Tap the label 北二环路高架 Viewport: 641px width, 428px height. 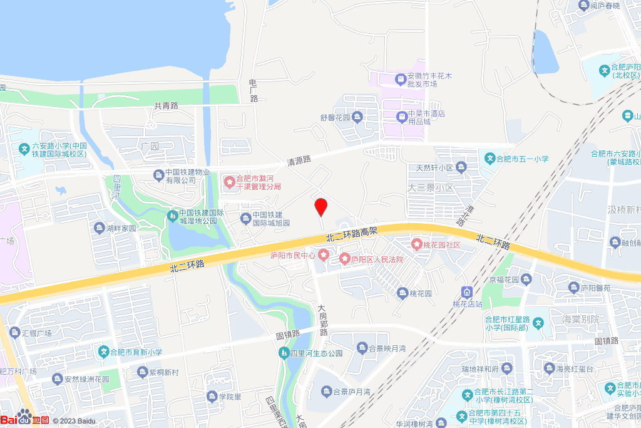(x=352, y=234)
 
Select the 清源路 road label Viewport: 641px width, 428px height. (x=299, y=160)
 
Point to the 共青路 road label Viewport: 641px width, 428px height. (x=167, y=106)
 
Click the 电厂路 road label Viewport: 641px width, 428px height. (x=254, y=91)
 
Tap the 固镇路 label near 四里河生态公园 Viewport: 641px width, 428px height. (x=289, y=335)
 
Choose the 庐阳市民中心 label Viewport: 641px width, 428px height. (x=293, y=255)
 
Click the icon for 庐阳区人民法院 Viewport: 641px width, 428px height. (x=344, y=259)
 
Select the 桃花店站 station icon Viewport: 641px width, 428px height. (x=466, y=292)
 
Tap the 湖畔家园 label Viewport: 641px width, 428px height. (x=121, y=228)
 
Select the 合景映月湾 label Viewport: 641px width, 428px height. (x=387, y=348)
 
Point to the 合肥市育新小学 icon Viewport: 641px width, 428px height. (x=105, y=352)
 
